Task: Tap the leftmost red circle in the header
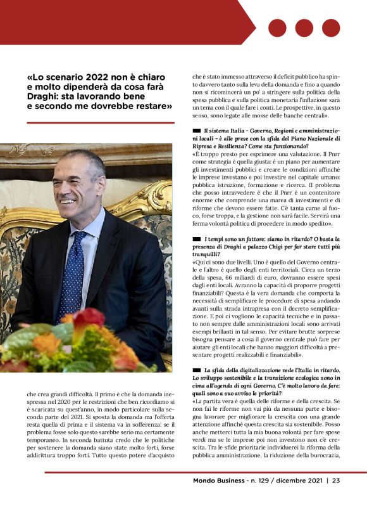tap(277, 28)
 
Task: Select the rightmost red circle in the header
tap(330, 28)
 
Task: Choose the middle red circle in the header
tap(304, 28)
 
